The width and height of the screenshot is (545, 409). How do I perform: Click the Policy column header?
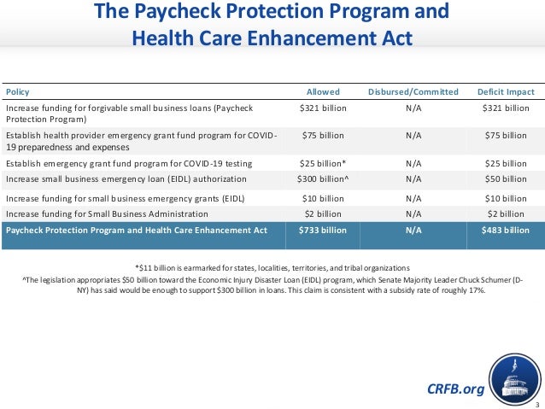[x=17, y=92]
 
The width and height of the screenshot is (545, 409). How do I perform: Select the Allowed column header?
[x=323, y=92]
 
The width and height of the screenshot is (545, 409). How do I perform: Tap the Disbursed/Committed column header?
[x=413, y=92]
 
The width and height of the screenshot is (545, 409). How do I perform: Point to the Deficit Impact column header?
[x=506, y=92]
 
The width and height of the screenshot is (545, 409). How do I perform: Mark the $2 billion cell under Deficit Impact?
[x=506, y=213]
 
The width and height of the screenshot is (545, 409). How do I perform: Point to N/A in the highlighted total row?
[x=413, y=231]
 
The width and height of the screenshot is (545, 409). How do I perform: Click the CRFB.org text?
[x=454, y=389]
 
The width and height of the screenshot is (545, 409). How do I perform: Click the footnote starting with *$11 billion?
[x=272, y=266]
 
